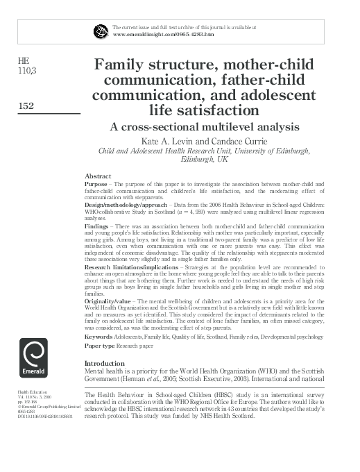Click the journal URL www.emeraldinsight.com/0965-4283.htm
(x=162, y=33)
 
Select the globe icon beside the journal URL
(x=101, y=30)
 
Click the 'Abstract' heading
(x=97, y=176)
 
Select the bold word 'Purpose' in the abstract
(x=98, y=185)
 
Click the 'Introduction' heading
(x=103, y=363)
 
